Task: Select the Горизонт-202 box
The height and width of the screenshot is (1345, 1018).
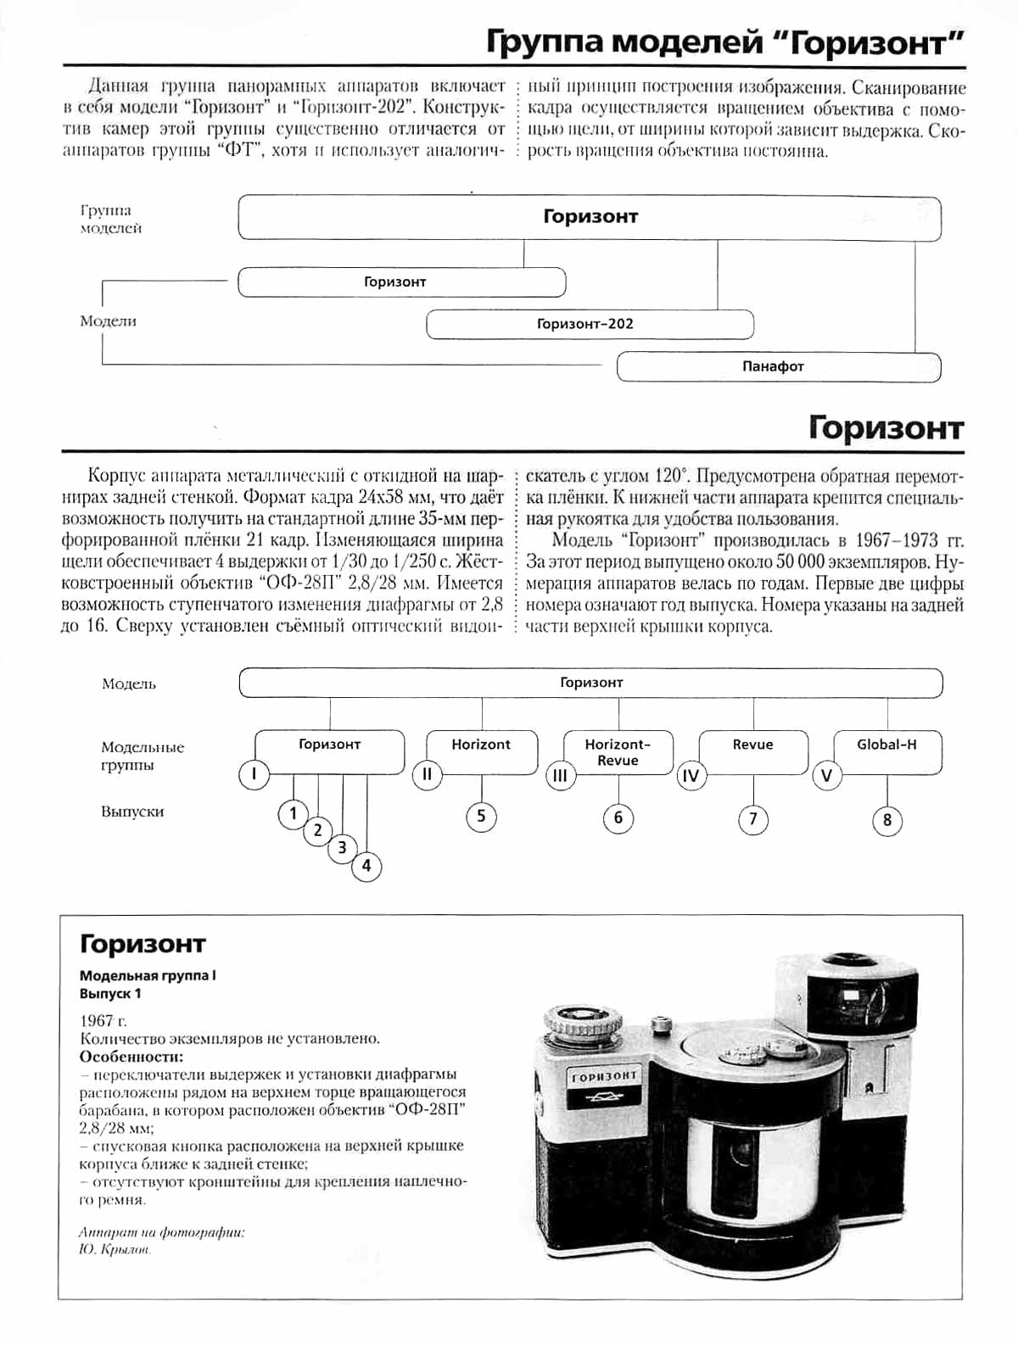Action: click(x=589, y=324)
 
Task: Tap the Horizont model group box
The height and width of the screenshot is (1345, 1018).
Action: click(x=481, y=751)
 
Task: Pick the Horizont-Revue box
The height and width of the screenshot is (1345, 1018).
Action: click(x=618, y=751)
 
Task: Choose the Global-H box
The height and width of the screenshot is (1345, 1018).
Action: click(x=887, y=751)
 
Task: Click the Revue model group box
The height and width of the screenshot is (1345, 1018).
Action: click(x=753, y=751)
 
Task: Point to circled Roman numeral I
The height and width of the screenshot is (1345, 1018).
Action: click(x=254, y=774)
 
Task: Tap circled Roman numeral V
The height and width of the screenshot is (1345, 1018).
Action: click(x=827, y=776)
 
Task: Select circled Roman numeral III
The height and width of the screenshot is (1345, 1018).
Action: click(x=560, y=776)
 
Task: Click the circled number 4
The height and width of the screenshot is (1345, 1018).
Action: click(x=366, y=866)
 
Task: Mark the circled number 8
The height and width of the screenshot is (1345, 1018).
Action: click(x=887, y=820)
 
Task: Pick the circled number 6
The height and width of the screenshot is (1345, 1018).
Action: click(x=618, y=818)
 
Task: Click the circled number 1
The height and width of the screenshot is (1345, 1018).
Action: click(x=293, y=814)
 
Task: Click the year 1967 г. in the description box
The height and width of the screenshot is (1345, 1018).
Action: click(x=103, y=1020)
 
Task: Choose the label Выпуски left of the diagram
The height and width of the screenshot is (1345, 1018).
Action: click(x=132, y=812)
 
